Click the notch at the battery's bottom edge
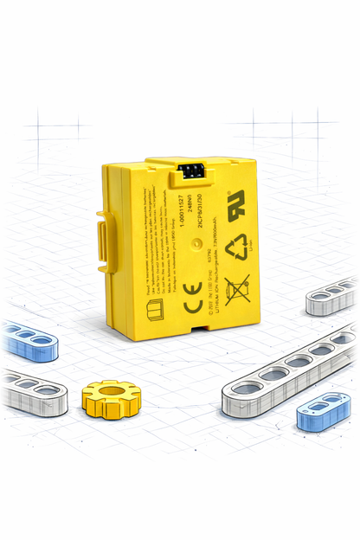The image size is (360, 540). tap(202, 329)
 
